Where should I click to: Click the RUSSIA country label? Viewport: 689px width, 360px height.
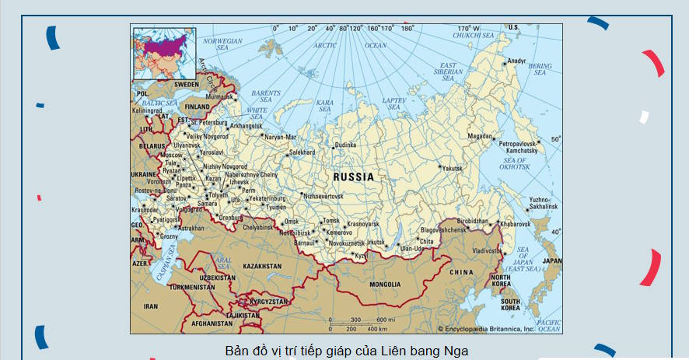pyautogui.click(x=353, y=177)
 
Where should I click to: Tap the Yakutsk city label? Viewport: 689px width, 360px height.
pyautogui.click(x=453, y=168)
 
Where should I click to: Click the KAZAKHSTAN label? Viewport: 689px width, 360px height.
pyautogui.click(x=262, y=266)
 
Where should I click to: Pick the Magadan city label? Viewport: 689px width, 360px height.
pyautogui.click(x=479, y=136)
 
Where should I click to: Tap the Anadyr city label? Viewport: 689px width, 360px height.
pyautogui.click(x=516, y=61)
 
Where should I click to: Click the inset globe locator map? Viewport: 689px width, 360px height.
pyautogui.click(x=164, y=54)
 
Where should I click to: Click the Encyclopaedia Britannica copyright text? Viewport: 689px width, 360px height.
pyautogui.click(x=486, y=329)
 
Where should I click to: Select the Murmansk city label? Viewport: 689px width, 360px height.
pyautogui.click(x=219, y=96)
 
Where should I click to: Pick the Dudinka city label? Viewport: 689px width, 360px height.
pyautogui.click(x=345, y=145)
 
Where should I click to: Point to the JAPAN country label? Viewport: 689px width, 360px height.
pyautogui.click(x=551, y=261)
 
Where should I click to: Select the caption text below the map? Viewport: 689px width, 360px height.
pyautogui.click(x=347, y=350)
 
